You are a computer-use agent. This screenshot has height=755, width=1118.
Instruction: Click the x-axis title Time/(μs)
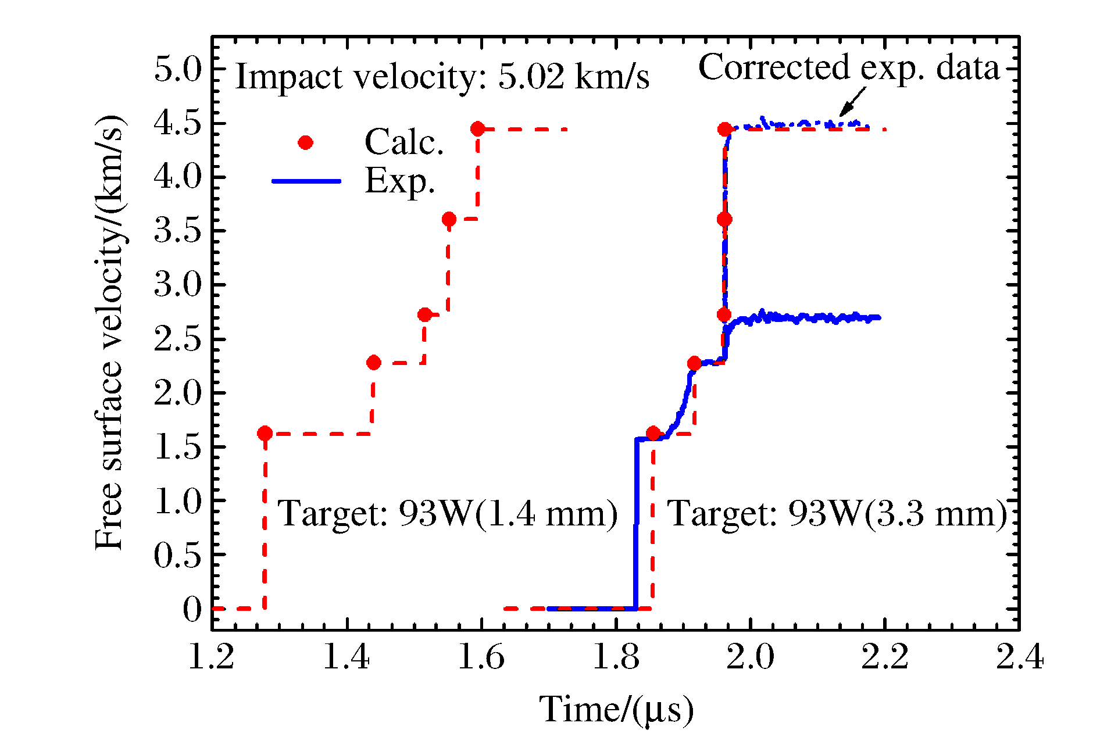616,710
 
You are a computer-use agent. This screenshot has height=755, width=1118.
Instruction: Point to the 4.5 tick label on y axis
177,124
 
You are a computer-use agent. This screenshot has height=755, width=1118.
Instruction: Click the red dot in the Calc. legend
305,143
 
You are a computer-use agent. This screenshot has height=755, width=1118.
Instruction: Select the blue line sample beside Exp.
306,181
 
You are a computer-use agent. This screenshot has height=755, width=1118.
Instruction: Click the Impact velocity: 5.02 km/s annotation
442,77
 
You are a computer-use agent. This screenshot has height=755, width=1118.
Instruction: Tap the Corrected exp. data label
848,67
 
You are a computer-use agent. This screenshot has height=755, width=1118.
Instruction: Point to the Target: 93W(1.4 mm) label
448,514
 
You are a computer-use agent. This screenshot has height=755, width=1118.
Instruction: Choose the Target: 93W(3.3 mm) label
837,514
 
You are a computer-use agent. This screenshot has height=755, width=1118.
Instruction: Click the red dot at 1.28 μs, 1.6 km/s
265,433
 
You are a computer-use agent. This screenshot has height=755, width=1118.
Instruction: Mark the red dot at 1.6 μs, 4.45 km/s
477,129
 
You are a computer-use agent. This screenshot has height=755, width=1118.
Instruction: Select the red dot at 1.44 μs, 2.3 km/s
374,363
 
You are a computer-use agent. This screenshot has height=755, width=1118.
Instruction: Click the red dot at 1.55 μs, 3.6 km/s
448,219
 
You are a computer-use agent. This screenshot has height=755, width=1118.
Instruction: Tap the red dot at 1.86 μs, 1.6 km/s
653,433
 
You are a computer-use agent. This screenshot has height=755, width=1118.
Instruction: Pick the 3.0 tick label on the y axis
177,285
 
